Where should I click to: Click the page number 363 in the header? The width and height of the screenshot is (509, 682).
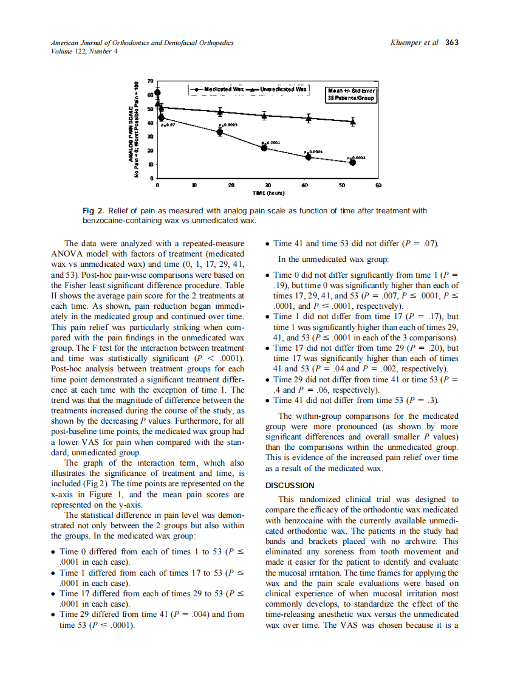pyautogui.click(x=451, y=43)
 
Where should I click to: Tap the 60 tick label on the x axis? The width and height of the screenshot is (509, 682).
pyautogui.click(x=378, y=184)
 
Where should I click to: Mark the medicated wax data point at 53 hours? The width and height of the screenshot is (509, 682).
pyautogui.click(x=352, y=162)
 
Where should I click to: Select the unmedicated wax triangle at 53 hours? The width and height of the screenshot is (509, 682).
pyautogui.click(x=354, y=122)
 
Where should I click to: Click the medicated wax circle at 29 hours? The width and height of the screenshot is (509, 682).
pyautogui.click(x=264, y=148)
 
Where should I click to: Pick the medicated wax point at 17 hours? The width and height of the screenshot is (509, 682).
pyautogui.click(x=220, y=132)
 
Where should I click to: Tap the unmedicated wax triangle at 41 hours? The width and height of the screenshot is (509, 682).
pyautogui.click(x=309, y=119)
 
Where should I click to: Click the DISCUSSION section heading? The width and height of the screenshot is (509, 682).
pyautogui.click(x=290, y=485)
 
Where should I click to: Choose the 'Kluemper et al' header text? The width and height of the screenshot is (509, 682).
pyautogui.click(x=416, y=43)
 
